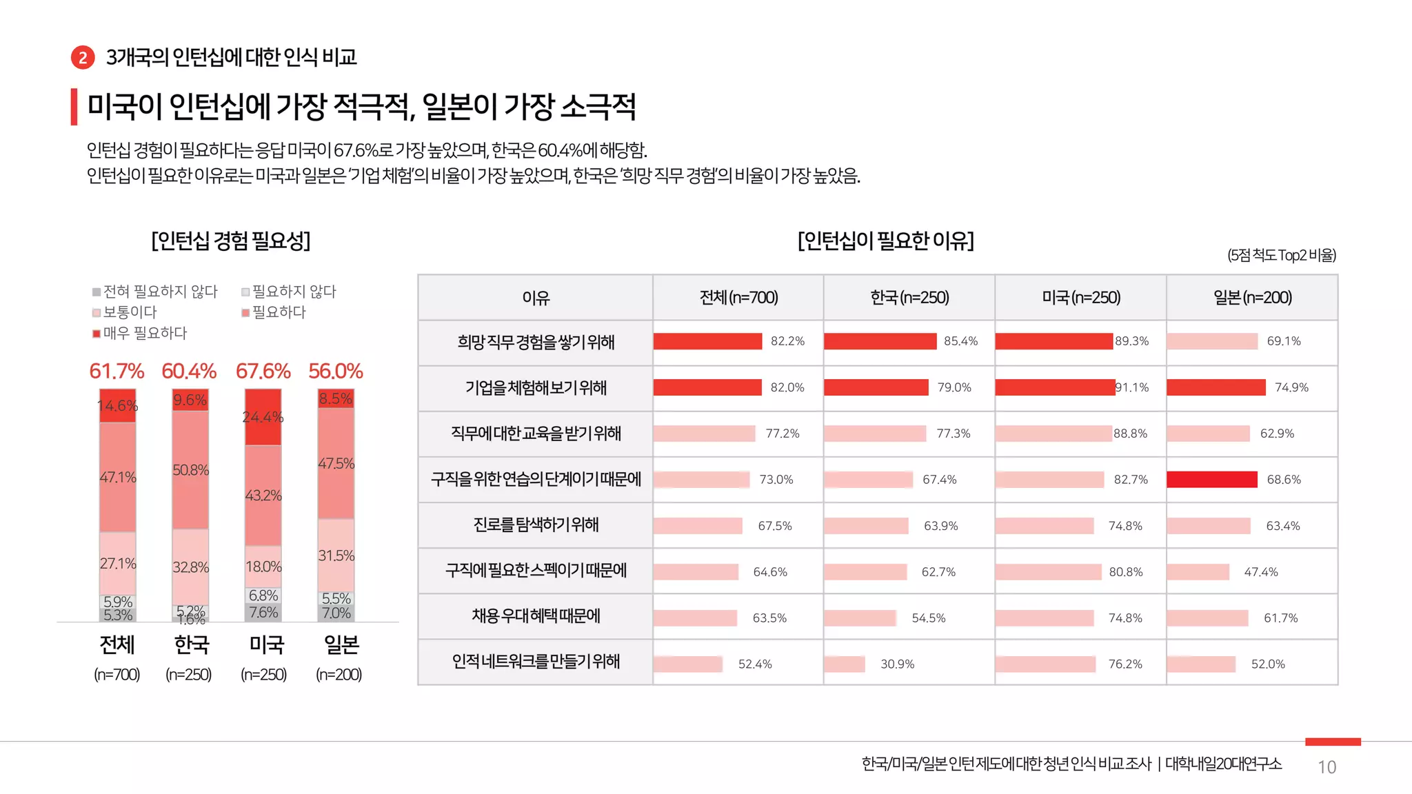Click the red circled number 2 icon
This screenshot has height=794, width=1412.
click(83, 57)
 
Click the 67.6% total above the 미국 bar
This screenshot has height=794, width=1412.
click(263, 371)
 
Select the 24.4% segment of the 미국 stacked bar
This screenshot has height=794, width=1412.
click(263, 417)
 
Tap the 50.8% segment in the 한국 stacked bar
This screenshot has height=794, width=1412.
click(190, 470)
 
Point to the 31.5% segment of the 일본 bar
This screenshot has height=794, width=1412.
click(336, 556)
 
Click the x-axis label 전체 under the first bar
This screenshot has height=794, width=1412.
click(117, 644)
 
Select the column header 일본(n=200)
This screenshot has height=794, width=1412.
click(1252, 298)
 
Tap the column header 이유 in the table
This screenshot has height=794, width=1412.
click(536, 298)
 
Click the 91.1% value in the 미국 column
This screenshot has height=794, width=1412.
click(1133, 387)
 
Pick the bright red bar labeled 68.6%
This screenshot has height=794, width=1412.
click(1212, 480)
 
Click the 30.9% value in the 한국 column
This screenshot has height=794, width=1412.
click(897, 664)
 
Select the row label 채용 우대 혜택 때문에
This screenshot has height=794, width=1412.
click(536, 615)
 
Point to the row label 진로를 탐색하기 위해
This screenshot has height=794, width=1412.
click(536, 525)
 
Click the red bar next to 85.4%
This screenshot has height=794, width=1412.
click(880, 341)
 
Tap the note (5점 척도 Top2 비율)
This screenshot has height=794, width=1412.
click(1281, 256)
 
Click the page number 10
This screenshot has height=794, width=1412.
click(1327, 767)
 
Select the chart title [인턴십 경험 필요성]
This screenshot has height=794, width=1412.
click(231, 241)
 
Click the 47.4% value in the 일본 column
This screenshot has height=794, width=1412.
click(1260, 572)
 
